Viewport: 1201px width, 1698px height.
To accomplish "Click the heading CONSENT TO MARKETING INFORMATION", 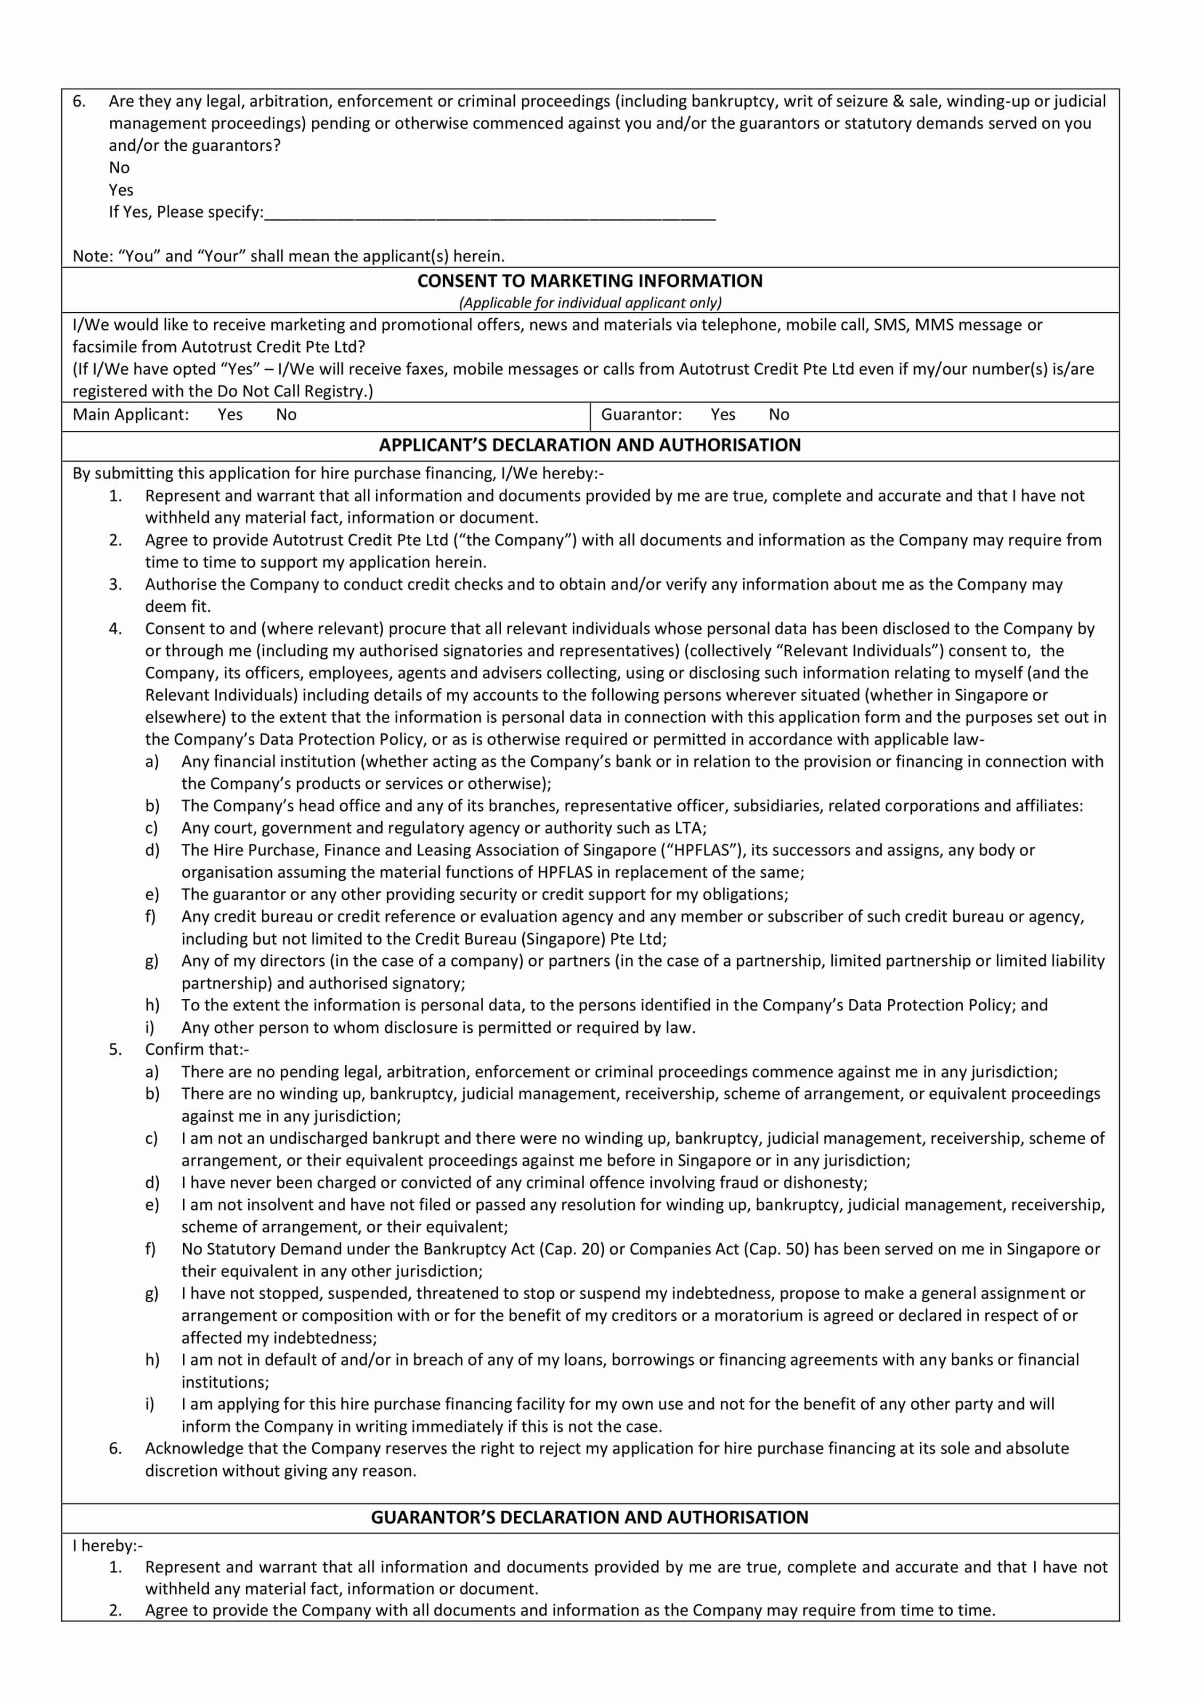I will [x=589, y=281].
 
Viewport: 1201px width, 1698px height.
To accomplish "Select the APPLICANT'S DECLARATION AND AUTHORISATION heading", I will [x=589, y=445].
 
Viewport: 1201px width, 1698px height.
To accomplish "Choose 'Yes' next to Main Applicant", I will [x=230, y=415].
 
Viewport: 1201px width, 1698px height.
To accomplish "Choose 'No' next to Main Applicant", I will [x=286, y=415].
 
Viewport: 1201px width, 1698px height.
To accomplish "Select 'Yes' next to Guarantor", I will [x=722, y=415].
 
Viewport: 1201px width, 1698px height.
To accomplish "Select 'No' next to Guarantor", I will [x=779, y=415].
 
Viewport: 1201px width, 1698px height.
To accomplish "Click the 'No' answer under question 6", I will [x=119, y=168].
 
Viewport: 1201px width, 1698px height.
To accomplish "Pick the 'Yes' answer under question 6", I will [x=122, y=190].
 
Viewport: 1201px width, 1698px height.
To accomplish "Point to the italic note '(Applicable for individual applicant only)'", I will [x=589, y=302].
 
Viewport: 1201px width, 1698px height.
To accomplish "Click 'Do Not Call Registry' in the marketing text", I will [x=292, y=391].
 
